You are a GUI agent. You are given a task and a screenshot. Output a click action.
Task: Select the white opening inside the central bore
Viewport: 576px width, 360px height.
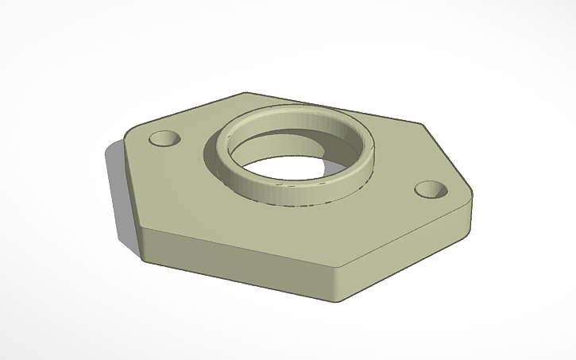[286, 168]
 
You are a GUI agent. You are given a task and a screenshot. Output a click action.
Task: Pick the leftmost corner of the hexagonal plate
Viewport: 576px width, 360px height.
[126, 136]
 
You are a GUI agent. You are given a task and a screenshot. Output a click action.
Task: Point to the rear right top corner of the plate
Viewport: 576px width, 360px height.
[421, 124]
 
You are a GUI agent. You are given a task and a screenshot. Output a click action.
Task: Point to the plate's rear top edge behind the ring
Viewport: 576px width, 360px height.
[334, 108]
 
